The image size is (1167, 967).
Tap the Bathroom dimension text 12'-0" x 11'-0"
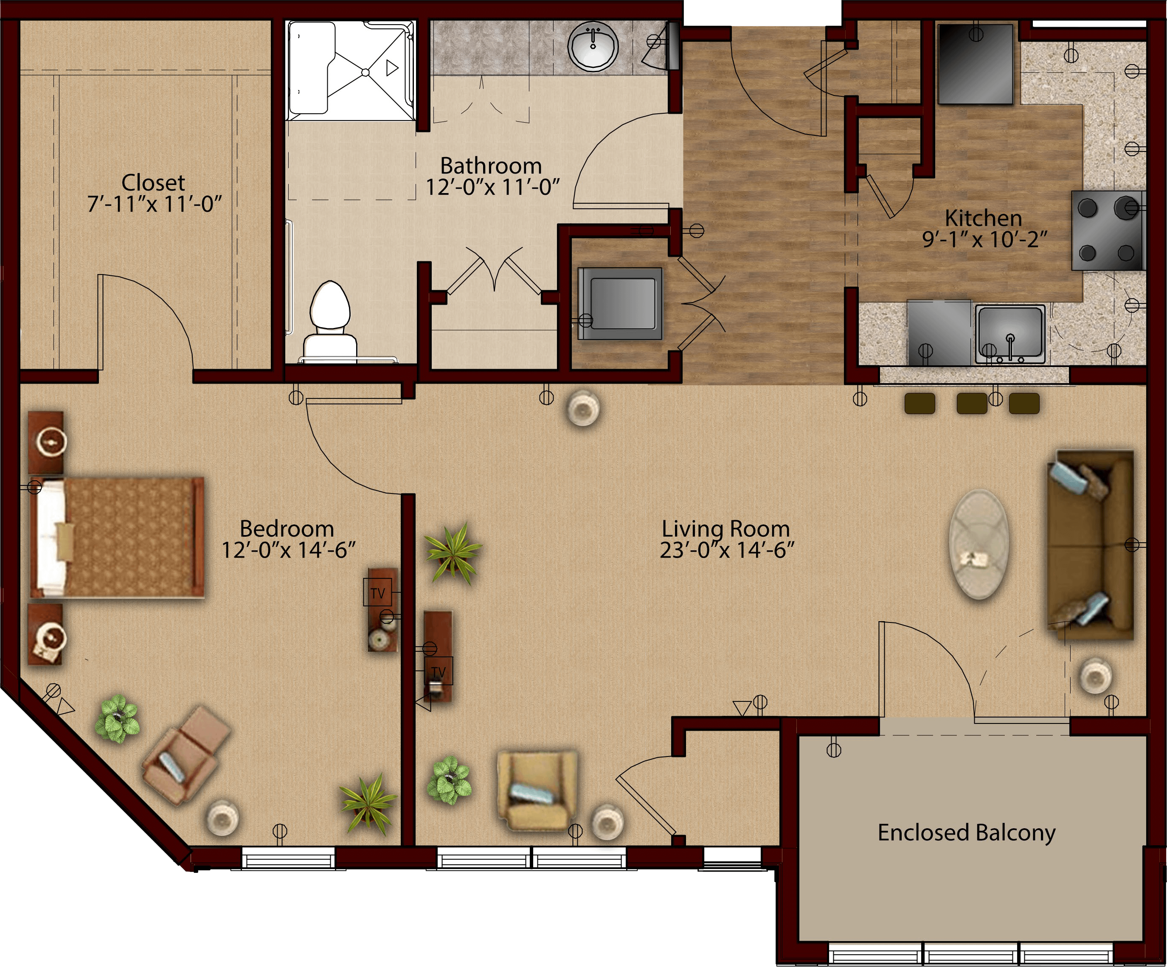click(x=492, y=188)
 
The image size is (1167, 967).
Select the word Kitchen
click(x=984, y=218)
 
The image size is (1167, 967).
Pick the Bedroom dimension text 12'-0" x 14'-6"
click(x=288, y=550)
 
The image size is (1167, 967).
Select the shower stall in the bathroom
click(x=351, y=70)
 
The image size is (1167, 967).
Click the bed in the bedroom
click(x=117, y=537)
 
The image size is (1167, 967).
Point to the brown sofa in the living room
click(x=1090, y=545)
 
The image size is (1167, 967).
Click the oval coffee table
click(x=979, y=544)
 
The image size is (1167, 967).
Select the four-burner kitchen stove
click(x=1108, y=230)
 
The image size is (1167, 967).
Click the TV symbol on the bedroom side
click(x=378, y=593)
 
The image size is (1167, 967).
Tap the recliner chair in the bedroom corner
click(x=186, y=754)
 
